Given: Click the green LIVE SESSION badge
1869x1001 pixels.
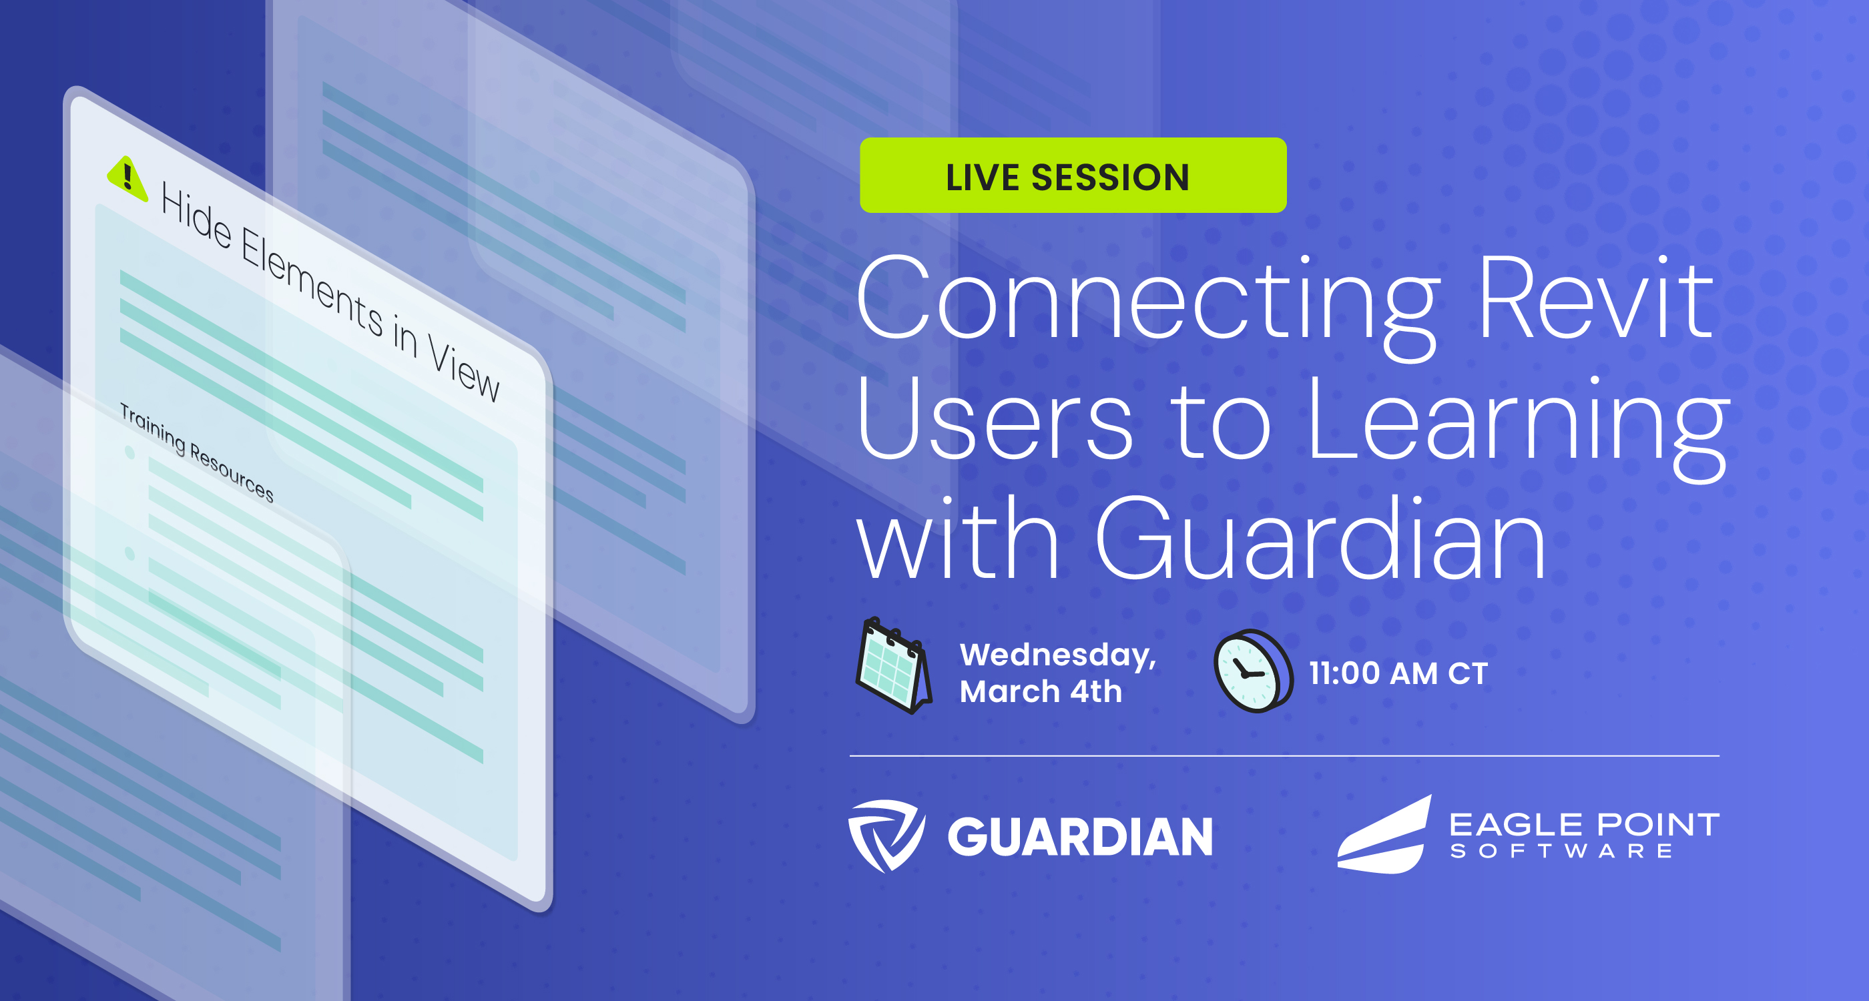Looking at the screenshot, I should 1073,176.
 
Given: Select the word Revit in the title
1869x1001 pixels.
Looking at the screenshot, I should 1595,299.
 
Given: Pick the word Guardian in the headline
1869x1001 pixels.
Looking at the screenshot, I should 1320,541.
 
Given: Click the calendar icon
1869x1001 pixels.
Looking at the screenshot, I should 893,665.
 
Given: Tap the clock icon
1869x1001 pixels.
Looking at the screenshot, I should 1253,671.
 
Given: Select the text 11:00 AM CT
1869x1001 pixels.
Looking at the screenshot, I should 1398,673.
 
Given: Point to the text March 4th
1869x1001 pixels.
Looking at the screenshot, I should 1041,692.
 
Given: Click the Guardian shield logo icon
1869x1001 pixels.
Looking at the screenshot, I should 886,835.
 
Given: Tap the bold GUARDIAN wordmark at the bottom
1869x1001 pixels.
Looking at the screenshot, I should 1079,837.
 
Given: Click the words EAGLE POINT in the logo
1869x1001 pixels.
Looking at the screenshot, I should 1584,825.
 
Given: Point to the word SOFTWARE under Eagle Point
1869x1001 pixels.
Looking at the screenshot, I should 1561,852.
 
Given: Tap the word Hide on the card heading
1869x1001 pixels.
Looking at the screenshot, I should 196,216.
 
